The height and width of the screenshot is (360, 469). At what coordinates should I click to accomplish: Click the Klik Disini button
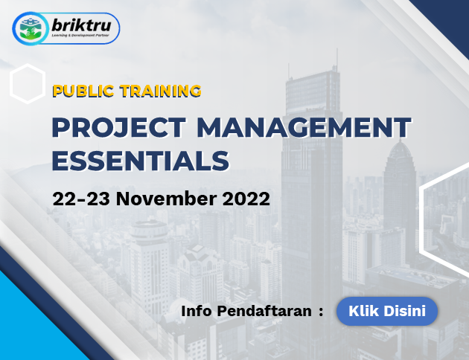[x=387, y=311]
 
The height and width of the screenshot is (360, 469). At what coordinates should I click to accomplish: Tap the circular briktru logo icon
[x=30, y=29]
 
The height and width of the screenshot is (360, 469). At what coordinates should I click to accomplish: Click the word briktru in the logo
[x=81, y=25]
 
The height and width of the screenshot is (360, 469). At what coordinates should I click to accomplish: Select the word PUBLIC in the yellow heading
[x=83, y=91]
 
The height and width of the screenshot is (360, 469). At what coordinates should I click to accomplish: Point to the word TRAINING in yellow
[x=160, y=91]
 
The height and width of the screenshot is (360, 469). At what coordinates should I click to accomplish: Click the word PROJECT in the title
[x=119, y=128]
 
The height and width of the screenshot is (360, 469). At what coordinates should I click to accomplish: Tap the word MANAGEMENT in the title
[x=304, y=128]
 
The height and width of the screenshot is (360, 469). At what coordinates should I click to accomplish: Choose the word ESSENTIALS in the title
[x=141, y=161]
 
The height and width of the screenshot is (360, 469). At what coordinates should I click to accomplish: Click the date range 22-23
[x=81, y=199]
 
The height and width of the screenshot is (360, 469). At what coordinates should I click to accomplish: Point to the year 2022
[x=246, y=199]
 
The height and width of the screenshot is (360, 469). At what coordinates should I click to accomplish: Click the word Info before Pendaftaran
[x=197, y=311]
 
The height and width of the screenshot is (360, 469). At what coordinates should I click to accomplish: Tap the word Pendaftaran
[x=264, y=311]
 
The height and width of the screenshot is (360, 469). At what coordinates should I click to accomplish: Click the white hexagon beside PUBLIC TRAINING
[x=28, y=83]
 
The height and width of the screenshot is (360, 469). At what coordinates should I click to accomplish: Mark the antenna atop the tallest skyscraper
[x=336, y=60]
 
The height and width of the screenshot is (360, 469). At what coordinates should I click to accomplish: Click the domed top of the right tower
[x=400, y=150]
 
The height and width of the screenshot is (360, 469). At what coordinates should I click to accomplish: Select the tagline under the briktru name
[x=80, y=36]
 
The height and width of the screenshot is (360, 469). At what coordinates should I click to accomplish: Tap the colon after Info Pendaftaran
[x=321, y=312]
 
